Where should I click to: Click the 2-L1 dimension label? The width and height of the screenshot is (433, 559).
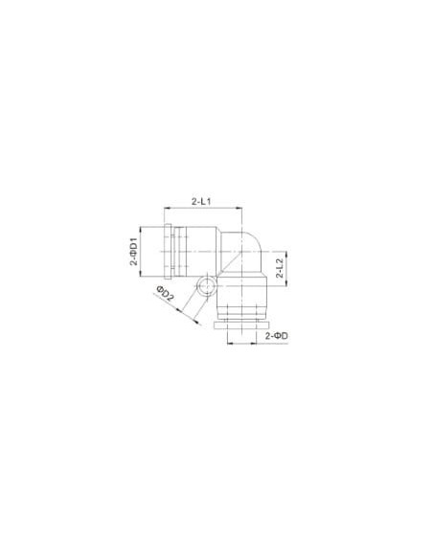(x=201, y=201)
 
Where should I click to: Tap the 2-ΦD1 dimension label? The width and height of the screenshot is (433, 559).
(x=134, y=252)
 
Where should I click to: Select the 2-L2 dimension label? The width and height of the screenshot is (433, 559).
(x=280, y=268)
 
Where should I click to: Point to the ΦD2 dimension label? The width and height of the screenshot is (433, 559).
(x=165, y=293)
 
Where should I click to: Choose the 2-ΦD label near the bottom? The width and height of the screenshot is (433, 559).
(x=277, y=335)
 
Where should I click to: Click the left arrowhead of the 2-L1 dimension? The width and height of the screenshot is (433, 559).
(x=167, y=209)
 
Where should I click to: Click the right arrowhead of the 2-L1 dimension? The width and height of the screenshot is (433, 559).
(x=239, y=209)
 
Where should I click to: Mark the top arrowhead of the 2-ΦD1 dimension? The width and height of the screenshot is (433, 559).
(x=140, y=229)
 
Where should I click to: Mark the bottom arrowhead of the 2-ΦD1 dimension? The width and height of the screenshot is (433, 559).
(x=140, y=274)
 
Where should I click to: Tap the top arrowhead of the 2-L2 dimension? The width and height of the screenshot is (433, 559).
(x=286, y=255)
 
